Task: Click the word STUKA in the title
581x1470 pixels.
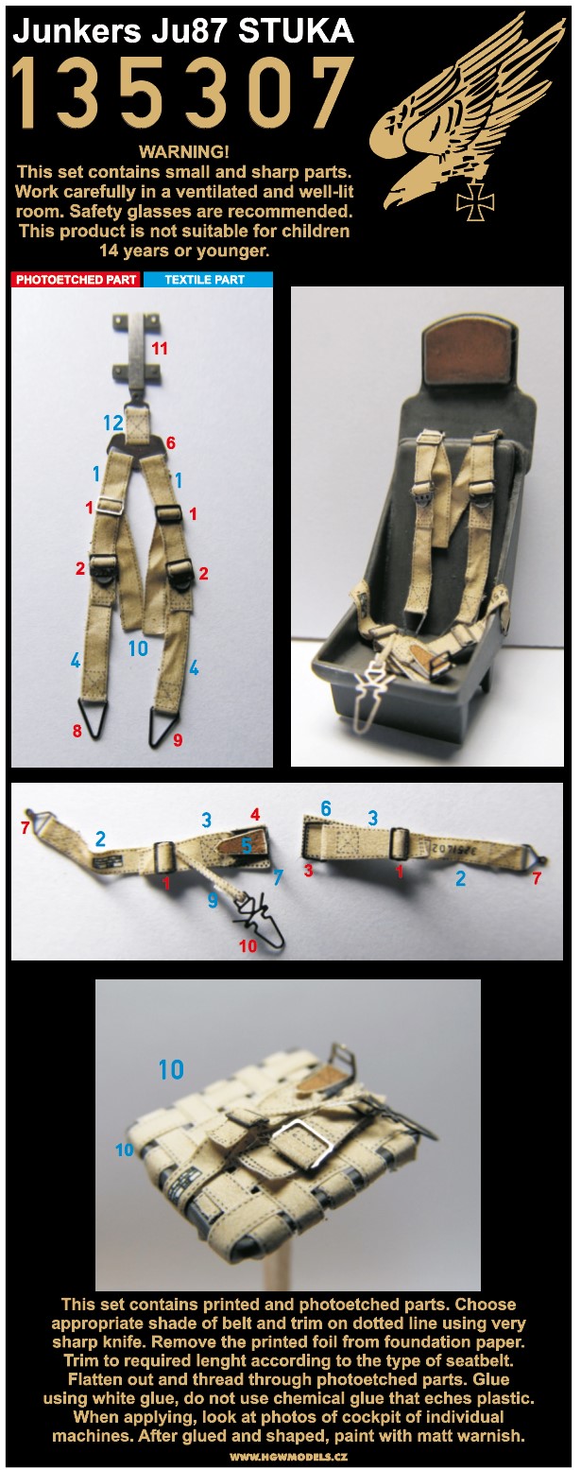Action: (296, 31)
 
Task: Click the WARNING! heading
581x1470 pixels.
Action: (184, 151)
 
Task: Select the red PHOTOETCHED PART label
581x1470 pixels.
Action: (76, 280)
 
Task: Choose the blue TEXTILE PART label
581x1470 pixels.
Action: (205, 280)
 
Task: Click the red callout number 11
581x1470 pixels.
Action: (160, 348)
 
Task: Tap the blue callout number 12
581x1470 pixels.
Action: (112, 424)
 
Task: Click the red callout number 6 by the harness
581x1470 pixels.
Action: (170, 442)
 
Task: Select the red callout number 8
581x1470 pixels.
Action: (77, 730)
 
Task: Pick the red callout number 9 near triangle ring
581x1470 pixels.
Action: (178, 740)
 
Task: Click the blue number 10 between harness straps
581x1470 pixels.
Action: (138, 649)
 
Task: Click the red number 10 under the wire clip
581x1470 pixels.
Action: (248, 945)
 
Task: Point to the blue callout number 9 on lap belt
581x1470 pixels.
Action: (213, 900)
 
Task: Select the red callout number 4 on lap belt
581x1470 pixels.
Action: (255, 814)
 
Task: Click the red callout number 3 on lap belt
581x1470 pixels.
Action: (308, 871)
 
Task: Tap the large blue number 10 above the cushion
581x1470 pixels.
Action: (171, 1070)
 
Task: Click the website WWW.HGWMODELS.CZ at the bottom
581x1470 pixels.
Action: (288, 1457)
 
